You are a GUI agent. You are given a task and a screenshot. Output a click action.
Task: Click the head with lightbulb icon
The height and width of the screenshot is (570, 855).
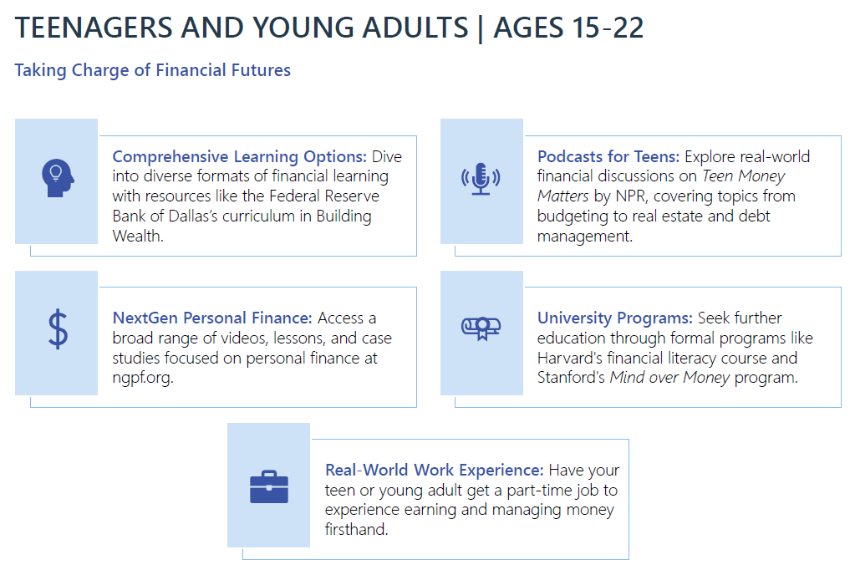point(58,178)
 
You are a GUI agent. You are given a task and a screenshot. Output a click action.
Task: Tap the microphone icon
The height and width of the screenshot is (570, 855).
point(481,179)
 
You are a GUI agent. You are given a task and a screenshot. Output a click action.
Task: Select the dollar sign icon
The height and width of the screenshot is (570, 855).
point(58,329)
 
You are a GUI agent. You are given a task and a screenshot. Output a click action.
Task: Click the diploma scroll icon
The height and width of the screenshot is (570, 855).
point(481,328)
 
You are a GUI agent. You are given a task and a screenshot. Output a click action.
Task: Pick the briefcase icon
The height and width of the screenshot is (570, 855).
point(269,486)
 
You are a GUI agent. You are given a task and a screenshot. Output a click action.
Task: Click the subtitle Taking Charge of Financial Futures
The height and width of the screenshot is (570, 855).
point(153,70)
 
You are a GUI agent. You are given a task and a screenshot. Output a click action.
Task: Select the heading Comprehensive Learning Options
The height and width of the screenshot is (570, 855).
point(239,156)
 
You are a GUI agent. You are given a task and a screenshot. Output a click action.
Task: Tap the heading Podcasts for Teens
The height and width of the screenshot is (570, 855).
point(608,156)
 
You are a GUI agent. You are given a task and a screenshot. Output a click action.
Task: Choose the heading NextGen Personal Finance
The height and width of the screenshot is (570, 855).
point(212,318)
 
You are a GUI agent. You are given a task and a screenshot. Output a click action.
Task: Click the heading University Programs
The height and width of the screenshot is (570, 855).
point(615,318)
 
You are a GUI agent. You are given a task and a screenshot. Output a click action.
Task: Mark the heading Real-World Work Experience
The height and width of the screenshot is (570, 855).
point(434,470)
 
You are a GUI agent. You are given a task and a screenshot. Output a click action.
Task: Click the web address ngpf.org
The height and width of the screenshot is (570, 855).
point(143,378)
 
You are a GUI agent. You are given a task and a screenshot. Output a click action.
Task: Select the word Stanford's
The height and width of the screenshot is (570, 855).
point(571,378)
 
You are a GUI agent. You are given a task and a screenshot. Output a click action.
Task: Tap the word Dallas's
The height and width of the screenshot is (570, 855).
point(193,216)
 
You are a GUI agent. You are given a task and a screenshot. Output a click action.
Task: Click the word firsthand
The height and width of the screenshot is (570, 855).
point(357,529)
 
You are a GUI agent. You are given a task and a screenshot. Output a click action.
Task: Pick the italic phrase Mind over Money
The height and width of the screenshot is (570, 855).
point(669,378)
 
